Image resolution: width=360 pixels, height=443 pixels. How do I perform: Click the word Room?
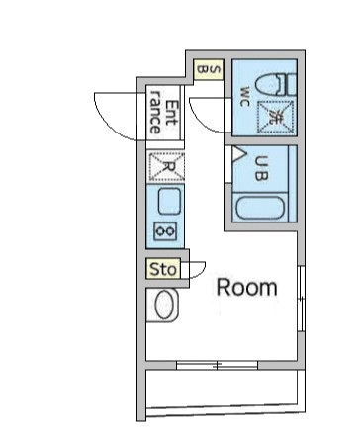(246, 288)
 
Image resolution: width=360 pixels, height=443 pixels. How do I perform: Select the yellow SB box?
(209, 68)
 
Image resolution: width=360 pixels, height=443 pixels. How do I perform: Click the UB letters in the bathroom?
(262, 170)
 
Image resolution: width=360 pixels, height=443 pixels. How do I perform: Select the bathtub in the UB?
(260, 207)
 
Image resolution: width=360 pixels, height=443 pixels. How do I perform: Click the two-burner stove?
(165, 231)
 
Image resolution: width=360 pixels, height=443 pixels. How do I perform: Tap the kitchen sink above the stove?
(166, 203)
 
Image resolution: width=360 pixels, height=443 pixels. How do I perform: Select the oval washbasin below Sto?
(164, 306)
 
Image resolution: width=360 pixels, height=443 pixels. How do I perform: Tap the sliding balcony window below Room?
(217, 366)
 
